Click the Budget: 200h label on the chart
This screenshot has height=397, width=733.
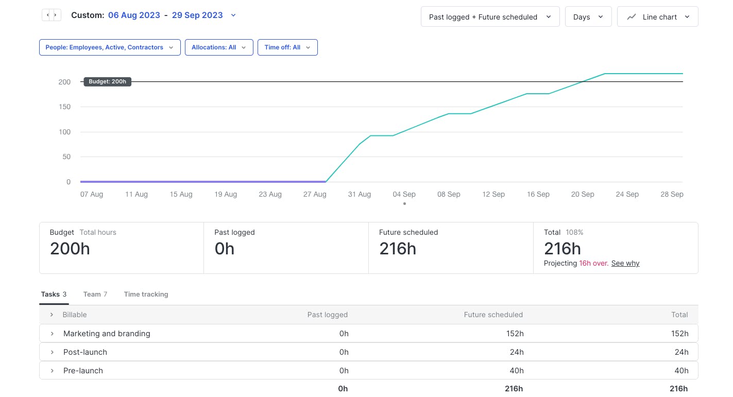tap(107, 81)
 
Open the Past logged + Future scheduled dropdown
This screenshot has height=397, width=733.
tap(490, 17)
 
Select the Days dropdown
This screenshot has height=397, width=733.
tap(588, 17)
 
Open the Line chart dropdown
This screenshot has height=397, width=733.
tap(657, 17)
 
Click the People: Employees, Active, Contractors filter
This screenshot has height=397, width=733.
tap(110, 47)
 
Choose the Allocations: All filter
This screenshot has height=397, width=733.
tap(219, 47)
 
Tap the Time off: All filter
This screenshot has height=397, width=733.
tap(287, 47)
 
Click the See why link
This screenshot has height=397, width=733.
tap(625, 263)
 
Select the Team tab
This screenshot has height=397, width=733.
tap(95, 295)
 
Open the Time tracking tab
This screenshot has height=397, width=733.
tap(146, 295)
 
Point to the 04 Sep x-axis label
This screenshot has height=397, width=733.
tap(404, 194)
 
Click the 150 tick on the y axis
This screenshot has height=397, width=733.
tap(64, 107)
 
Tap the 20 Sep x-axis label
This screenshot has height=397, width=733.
tap(583, 194)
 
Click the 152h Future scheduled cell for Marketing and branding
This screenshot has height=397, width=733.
tap(515, 334)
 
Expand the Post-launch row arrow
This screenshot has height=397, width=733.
tap(52, 352)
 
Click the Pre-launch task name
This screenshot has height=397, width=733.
tap(83, 371)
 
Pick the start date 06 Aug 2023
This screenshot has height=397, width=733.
tap(134, 15)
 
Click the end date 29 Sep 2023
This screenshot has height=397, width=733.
tap(197, 15)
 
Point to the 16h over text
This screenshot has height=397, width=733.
tap(593, 263)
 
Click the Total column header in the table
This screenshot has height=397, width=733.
tap(679, 315)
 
